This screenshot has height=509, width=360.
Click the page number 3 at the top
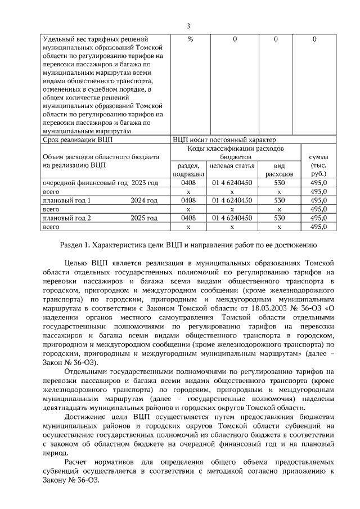click(x=188, y=26)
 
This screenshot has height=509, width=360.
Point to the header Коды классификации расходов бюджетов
click(x=236, y=152)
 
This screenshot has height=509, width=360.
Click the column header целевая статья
click(x=232, y=166)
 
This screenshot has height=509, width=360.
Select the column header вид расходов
click(x=279, y=170)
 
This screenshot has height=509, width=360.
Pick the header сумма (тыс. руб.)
click(x=319, y=165)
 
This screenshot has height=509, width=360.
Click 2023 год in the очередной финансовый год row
click(x=144, y=183)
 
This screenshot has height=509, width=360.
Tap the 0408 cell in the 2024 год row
click(x=188, y=200)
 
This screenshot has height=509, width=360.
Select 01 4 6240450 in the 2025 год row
click(x=232, y=218)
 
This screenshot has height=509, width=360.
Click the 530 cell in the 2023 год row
click(x=279, y=183)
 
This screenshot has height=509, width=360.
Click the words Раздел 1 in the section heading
click(x=74, y=245)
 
